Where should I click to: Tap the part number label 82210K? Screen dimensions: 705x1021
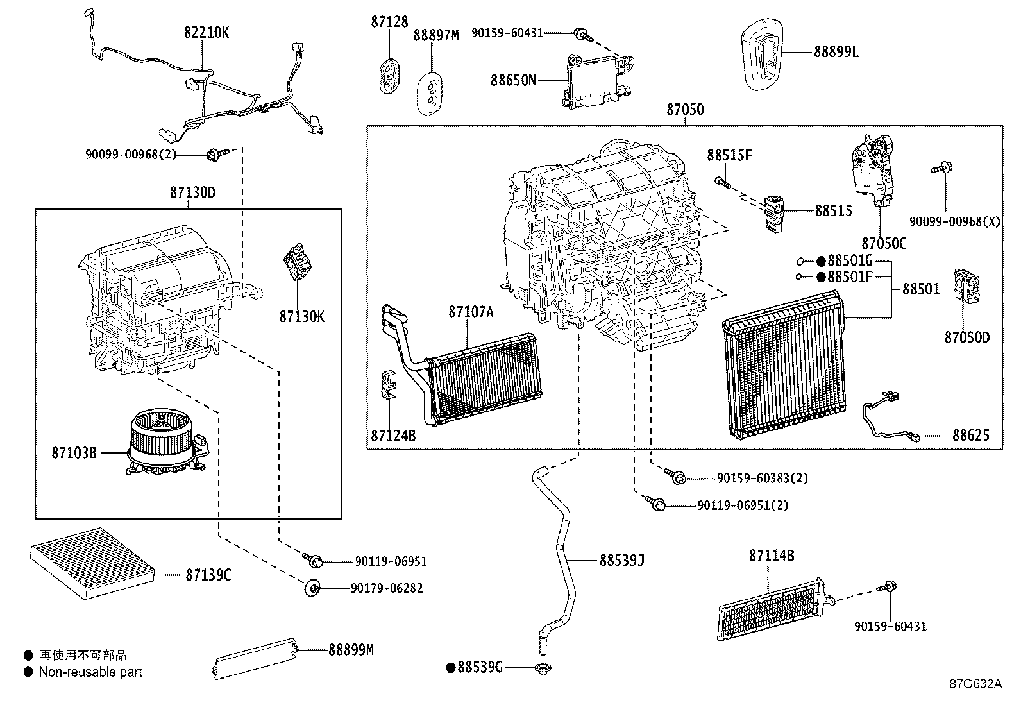coord(206,33)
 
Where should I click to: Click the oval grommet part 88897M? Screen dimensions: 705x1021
coord(430,94)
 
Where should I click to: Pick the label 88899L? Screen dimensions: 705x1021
coord(836,51)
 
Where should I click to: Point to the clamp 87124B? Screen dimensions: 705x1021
coord(389,384)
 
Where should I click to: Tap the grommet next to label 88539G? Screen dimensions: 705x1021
coord(543,668)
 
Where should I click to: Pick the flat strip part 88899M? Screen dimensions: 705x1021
coord(256,658)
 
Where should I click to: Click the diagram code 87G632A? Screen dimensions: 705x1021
coord(975,683)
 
